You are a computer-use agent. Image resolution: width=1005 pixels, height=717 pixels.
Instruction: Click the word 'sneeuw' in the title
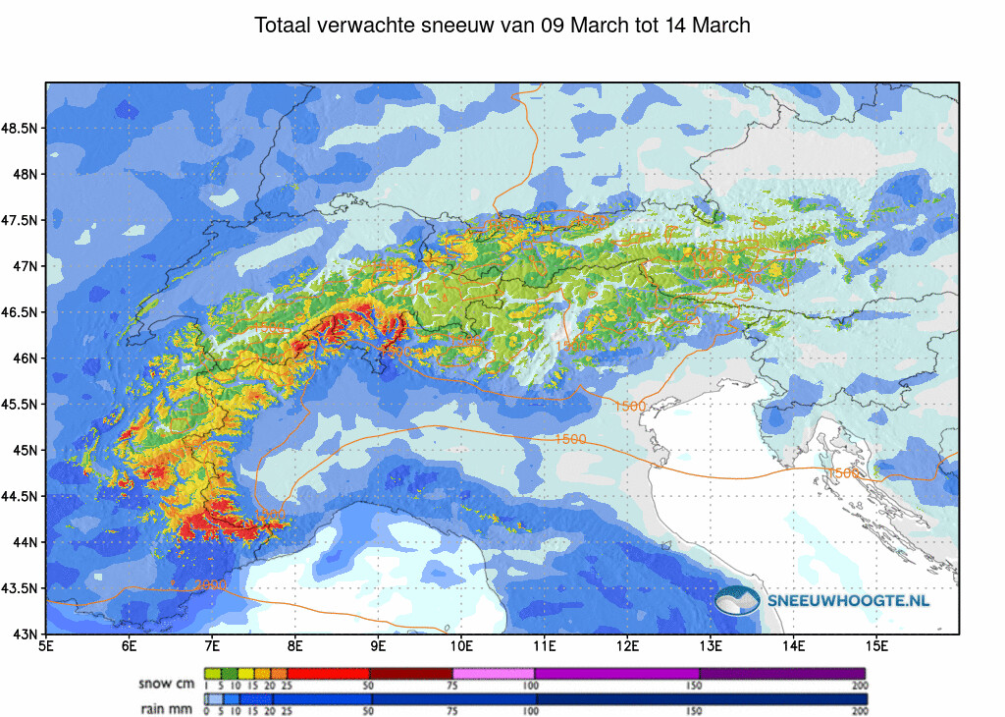coord(457,26)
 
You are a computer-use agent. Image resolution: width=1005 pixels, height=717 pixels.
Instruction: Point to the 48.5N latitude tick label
coord(21,129)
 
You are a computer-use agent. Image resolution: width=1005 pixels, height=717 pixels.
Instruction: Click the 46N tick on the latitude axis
coord(26,358)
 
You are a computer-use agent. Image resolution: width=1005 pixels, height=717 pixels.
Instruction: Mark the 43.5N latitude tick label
coord(21,588)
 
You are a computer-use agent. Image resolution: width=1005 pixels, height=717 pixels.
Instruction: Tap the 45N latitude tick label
coord(26,450)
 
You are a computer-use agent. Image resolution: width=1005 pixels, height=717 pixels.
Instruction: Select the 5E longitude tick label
coord(46,646)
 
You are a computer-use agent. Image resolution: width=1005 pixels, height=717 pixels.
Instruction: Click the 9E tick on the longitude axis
coord(378,646)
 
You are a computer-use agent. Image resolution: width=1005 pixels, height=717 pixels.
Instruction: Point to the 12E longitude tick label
coord(627,646)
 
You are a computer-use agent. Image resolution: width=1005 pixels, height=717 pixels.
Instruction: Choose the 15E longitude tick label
coord(876,646)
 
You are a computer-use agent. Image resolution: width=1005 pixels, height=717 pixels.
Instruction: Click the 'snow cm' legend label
coord(168,682)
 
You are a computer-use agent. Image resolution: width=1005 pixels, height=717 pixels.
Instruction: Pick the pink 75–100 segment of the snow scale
coord(493,673)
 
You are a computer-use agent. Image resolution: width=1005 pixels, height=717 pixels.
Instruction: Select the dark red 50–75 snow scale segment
coord(410,673)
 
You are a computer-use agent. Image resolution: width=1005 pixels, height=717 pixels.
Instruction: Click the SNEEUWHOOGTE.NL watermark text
coord(850,600)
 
